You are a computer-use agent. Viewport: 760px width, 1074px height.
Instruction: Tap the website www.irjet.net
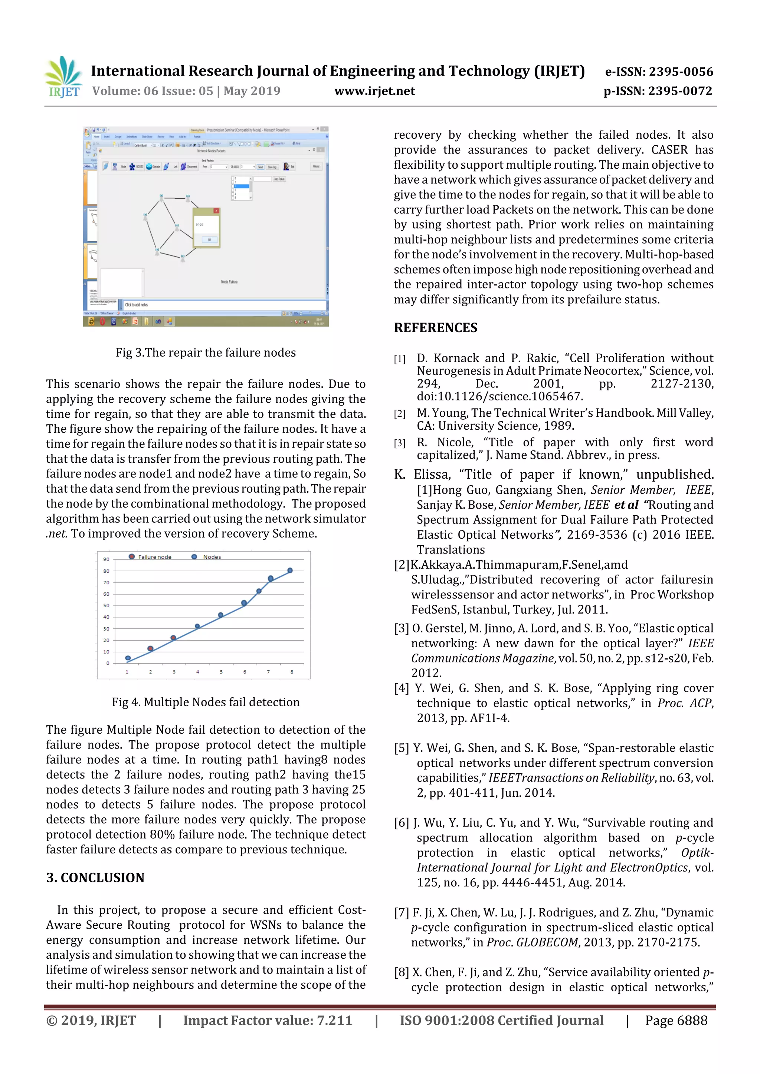pos(374,91)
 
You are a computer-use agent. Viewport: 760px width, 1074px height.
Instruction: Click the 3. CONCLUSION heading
pos(95,878)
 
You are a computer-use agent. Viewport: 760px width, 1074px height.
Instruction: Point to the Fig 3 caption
pos(206,352)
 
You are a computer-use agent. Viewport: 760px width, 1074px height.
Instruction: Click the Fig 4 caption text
pos(206,702)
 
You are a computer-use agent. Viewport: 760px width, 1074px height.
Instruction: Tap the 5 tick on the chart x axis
pos(221,672)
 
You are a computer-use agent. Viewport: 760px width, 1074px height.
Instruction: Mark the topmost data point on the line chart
pos(290,570)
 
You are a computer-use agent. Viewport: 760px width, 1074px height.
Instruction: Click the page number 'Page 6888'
pos(676,1020)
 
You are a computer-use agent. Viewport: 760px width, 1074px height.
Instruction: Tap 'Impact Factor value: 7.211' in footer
pos(268,1020)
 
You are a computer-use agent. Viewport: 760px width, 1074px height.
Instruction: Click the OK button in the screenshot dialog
pos(209,239)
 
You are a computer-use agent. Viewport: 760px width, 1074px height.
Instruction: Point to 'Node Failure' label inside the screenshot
pos(229,282)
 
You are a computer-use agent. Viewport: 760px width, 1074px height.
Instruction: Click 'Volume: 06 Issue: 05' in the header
pos(153,91)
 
